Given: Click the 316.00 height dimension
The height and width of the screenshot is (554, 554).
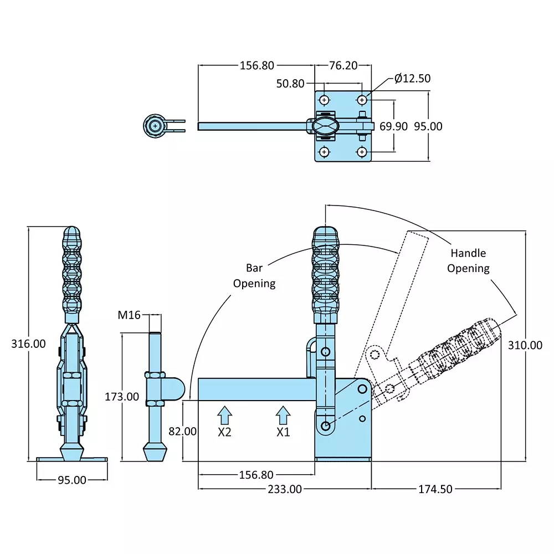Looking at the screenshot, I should tap(28, 343).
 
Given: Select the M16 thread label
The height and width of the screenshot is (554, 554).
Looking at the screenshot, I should tap(129, 315).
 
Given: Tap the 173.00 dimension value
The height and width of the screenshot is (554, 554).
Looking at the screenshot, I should tap(122, 396).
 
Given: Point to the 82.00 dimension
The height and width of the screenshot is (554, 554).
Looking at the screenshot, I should tap(183, 431).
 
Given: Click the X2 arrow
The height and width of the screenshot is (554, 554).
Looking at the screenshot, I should tap(224, 415).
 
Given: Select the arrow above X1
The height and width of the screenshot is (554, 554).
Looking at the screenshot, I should tap(283, 415).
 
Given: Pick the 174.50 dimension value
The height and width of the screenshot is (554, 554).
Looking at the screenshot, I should tap(436, 489).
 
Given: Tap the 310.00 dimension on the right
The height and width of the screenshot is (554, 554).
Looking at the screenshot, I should tap(525, 345).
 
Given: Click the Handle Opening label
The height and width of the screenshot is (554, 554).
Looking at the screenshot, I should tap(468, 260).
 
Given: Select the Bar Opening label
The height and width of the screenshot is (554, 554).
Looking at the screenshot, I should tap(254, 275).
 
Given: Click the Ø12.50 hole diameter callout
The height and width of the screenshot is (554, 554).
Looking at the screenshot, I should tap(412, 79).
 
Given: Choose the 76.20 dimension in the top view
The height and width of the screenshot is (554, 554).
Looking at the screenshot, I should tap(343, 65).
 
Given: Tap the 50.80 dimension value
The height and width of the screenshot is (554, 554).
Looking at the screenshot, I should tap(290, 84).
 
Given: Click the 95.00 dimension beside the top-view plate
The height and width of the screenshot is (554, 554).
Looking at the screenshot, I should tap(429, 126).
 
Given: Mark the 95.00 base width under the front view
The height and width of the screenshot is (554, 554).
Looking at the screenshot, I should tap(72, 480).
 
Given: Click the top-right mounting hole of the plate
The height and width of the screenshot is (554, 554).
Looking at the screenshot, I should tap(362, 100).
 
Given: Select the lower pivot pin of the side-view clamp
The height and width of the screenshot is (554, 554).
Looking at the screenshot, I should tap(326, 425).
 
